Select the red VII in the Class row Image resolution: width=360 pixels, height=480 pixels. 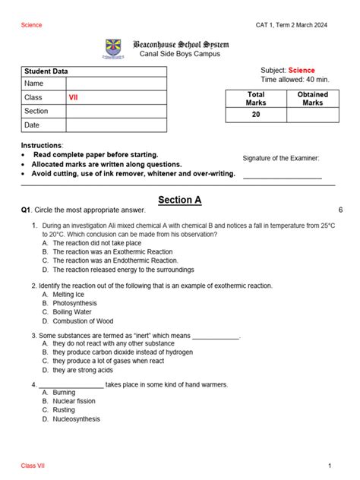(x=74, y=97)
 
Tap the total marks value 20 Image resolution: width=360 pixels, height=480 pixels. (x=256, y=115)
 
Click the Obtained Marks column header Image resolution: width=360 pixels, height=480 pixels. (x=312, y=98)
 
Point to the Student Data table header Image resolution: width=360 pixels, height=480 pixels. (x=50, y=71)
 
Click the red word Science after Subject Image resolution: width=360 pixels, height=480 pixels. (x=301, y=70)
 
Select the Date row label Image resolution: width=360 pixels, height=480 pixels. (x=31, y=125)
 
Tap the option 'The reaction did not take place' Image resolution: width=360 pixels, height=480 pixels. (x=102, y=243)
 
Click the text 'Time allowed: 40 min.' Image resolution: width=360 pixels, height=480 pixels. (x=295, y=79)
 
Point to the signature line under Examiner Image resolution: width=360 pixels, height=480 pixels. (x=282, y=177)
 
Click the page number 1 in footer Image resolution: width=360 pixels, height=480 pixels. (x=330, y=465)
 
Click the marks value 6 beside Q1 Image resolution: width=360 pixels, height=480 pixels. (x=340, y=210)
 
